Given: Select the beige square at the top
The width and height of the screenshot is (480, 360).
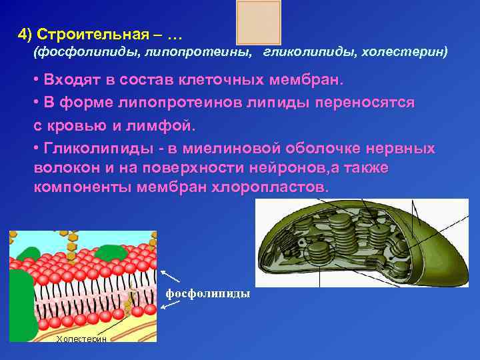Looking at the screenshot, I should pyautogui.click(x=259, y=22).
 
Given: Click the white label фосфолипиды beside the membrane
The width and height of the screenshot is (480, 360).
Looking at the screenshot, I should pyautogui.click(x=207, y=293).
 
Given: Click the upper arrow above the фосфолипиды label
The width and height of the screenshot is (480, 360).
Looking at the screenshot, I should pyautogui.click(x=170, y=276).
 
